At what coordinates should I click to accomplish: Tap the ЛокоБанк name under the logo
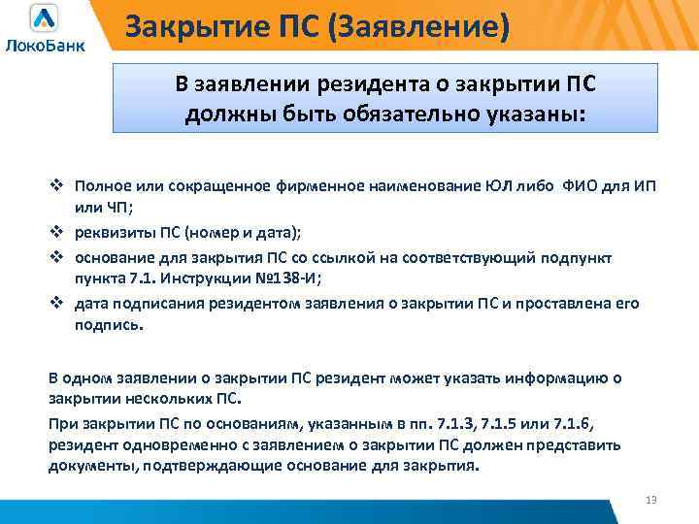coord(45,46)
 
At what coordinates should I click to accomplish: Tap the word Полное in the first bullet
coord(101,186)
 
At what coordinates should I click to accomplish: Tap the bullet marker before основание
coord(57,257)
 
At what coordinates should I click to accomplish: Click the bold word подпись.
coord(110,326)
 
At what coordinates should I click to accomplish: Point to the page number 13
coord(650,500)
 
